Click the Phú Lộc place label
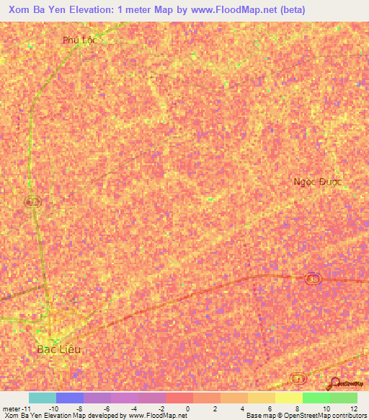click(x=79, y=40)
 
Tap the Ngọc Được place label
click(x=318, y=182)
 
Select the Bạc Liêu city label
click(x=60, y=349)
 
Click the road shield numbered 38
click(x=312, y=279)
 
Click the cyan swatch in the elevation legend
click(x=43, y=398)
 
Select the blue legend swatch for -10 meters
click(x=70, y=398)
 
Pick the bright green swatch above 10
click(x=316, y=398)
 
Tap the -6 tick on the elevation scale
click(x=106, y=408)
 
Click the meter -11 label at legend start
click(x=15, y=408)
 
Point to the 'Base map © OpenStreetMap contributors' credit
click(x=306, y=416)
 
